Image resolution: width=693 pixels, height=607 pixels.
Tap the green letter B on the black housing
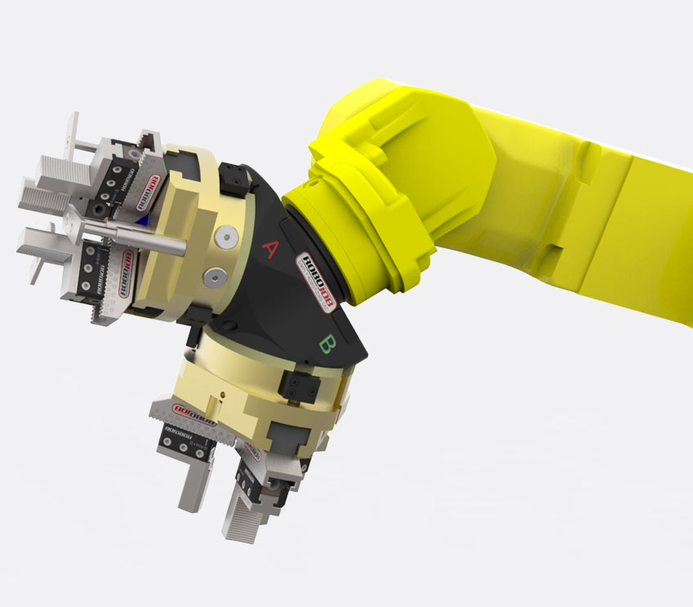tap(326, 344)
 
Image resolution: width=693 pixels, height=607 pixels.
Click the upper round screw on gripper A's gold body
tap(226, 236)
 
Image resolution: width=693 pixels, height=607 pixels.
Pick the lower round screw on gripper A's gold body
tap(215, 276)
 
